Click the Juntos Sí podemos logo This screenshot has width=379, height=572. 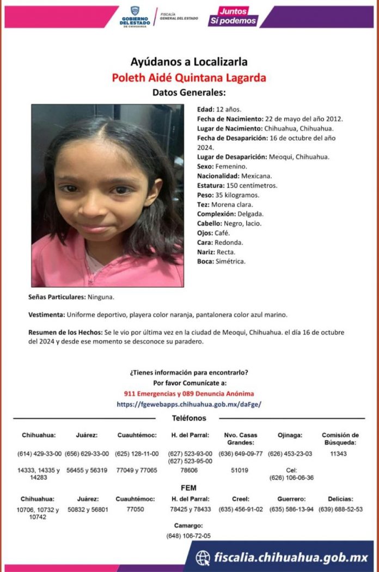tap(233, 16)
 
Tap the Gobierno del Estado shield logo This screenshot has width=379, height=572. tap(135, 16)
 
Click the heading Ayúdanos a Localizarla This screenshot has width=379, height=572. tap(189, 61)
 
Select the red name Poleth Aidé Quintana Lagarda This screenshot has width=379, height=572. tap(189, 77)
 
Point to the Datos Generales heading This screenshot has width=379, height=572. tap(189, 92)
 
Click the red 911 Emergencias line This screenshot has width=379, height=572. tap(189, 393)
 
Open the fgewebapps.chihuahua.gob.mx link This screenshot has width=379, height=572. tap(189, 404)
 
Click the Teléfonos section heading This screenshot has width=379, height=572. tap(189, 418)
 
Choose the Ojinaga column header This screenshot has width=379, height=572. tap(290, 435)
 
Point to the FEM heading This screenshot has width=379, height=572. tap(188, 488)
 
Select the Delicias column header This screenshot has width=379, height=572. tap(340, 499)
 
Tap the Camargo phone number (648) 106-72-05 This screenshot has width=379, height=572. tap(188, 536)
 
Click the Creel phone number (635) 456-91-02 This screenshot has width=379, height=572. tap(241, 509)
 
